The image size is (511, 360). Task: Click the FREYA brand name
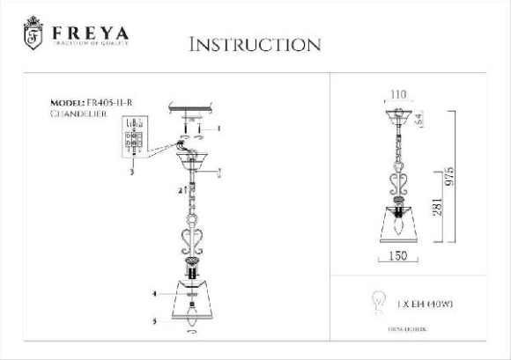point(91,33)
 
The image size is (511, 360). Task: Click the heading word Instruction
point(255,44)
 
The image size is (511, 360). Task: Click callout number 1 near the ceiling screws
point(218,129)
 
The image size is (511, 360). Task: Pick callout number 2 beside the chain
point(180,189)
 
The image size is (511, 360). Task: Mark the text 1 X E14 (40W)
point(427,304)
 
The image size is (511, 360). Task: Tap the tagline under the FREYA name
point(91,47)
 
